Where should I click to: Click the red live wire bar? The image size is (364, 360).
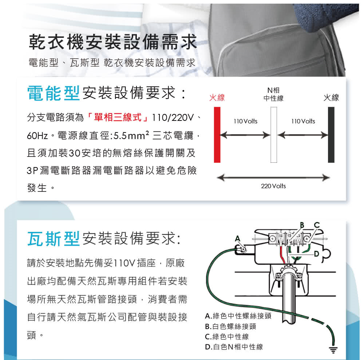click(217, 135)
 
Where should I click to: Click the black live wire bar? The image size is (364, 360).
click(331, 135)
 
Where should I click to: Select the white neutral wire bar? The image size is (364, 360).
click(274, 135)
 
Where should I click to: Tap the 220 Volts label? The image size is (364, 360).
click(273, 186)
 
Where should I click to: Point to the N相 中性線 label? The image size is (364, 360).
click(273, 94)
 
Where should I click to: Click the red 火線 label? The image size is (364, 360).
click(217, 98)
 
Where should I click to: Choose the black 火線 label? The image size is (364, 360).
click(331, 98)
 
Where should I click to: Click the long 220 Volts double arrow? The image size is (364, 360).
click(273, 178)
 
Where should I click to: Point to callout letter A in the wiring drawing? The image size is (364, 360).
click(238, 238)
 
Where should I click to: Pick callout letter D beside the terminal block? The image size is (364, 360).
click(316, 253)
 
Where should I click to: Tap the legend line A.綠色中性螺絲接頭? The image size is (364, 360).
click(238, 316)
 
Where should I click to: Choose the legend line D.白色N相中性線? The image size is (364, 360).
click(234, 347)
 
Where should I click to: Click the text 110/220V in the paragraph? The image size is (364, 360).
click(174, 118)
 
